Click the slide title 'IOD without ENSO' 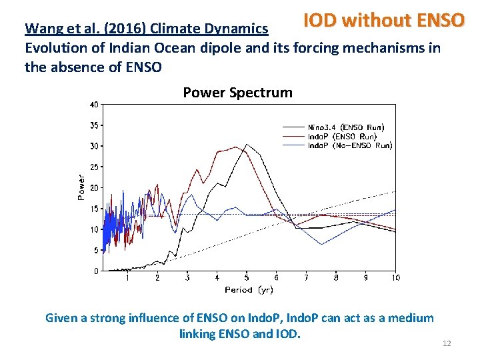(x=383, y=20)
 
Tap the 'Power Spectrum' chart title (x=237, y=93)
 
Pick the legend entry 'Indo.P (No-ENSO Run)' (x=349, y=145)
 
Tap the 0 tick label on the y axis (x=96, y=271)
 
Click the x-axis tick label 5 (x=247, y=277)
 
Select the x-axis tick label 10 (x=396, y=277)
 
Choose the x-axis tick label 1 (x=127, y=277)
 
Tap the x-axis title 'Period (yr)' (x=249, y=289)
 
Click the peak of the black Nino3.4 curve (x=247, y=144)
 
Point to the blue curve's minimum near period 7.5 (x=321, y=244)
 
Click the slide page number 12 (x=447, y=343)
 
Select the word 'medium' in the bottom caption (x=413, y=318)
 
